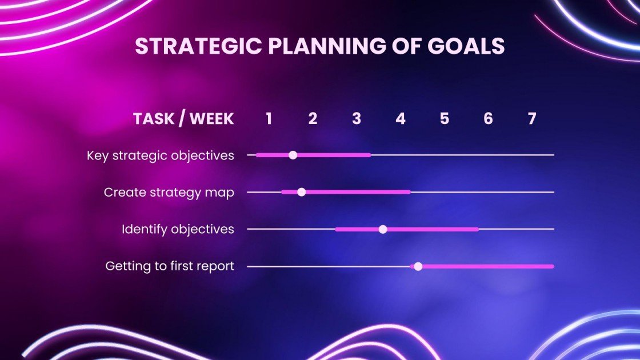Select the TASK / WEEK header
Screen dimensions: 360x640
tap(183, 118)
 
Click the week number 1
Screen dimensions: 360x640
tap(269, 118)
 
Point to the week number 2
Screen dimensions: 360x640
tap(313, 118)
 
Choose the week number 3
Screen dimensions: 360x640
tap(357, 118)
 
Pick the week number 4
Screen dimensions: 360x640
tap(401, 118)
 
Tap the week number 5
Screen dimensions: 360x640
tap(445, 118)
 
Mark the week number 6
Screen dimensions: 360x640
tap(488, 118)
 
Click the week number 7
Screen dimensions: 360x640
tap(532, 118)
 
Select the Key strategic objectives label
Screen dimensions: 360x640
tap(161, 155)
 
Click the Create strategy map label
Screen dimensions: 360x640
tap(169, 193)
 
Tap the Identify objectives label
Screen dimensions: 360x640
tap(178, 229)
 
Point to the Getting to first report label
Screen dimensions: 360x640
tap(170, 266)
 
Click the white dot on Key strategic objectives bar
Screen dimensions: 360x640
tap(293, 155)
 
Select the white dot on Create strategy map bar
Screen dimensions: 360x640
tap(302, 192)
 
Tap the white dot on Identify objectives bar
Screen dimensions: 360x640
tap(383, 229)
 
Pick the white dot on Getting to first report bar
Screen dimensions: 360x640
tap(418, 266)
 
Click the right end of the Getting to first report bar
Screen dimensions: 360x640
tap(551, 266)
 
